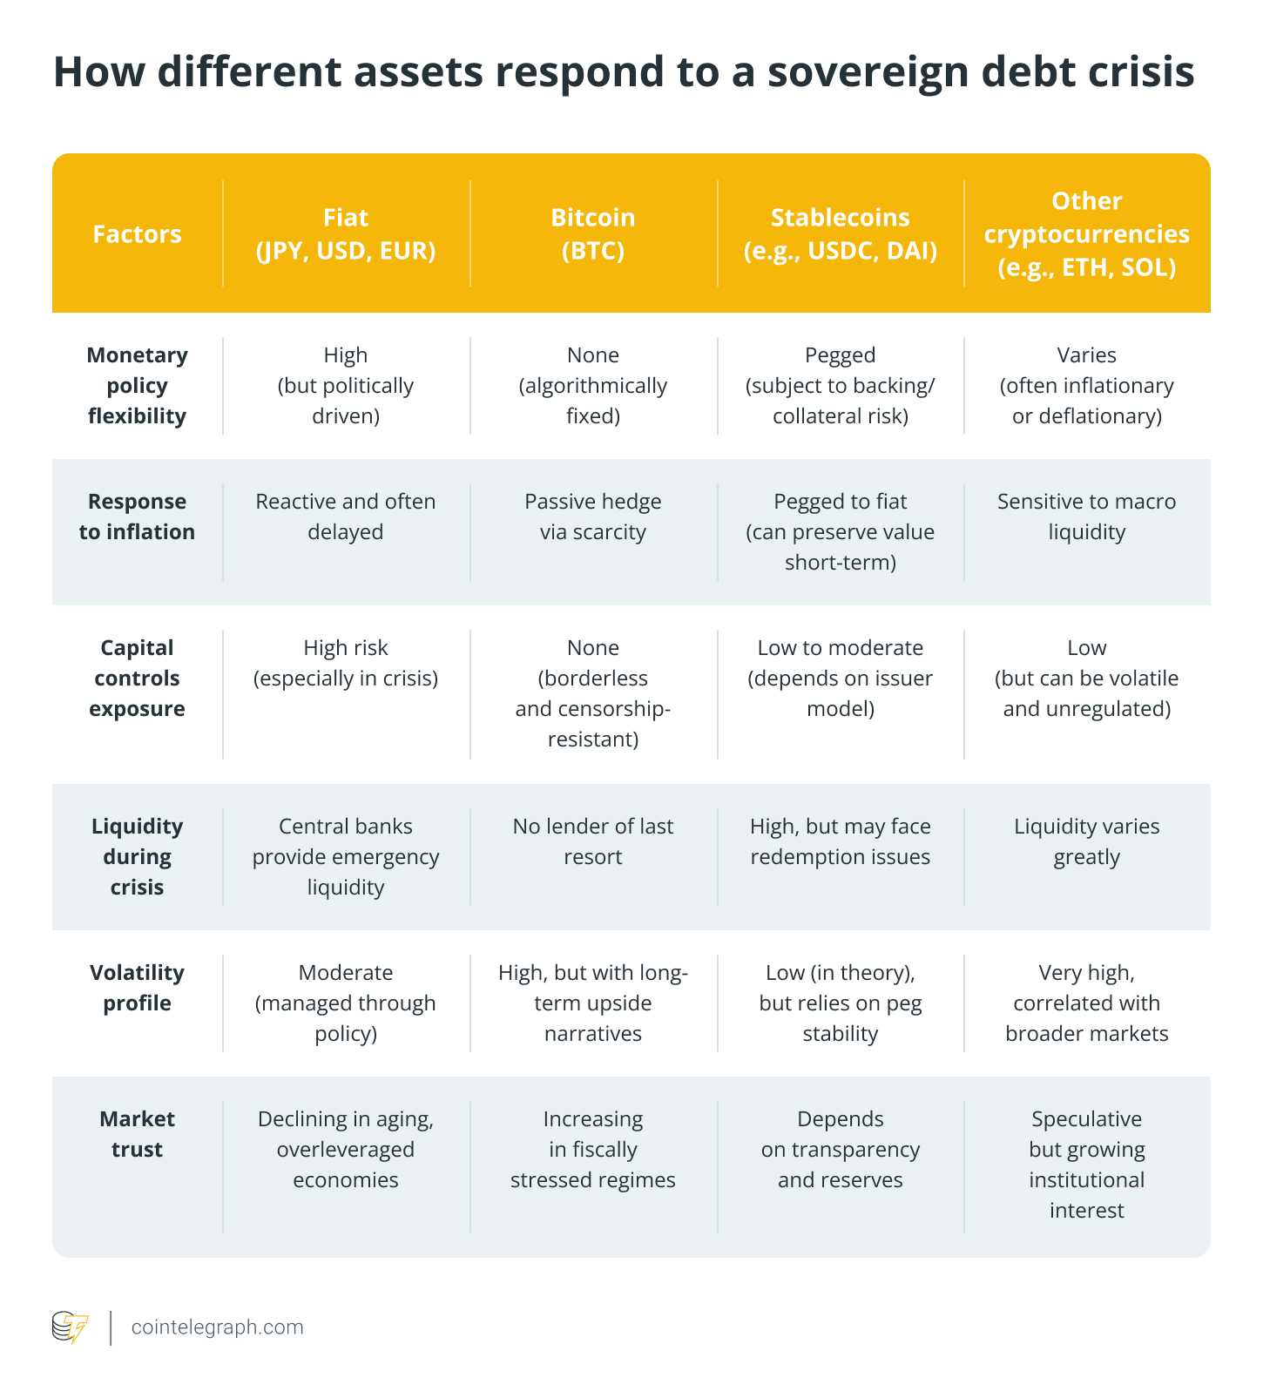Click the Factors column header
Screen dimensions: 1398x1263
(137, 233)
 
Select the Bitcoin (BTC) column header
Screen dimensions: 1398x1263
(592, 233)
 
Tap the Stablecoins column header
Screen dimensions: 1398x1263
(840, 233)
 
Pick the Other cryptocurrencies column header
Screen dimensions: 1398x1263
(1086, 233)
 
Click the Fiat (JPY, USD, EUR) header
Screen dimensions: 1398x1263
(346, 233)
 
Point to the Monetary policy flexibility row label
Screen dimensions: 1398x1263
(137, 385)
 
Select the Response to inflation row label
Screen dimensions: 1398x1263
(137, 517)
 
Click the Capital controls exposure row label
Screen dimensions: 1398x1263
(137, 678)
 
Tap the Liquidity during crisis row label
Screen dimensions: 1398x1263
(137, 856)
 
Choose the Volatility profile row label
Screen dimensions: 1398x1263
(137, 988)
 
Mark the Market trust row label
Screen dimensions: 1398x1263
(137, 1134)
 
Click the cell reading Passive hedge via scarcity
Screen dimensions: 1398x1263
(592, 517)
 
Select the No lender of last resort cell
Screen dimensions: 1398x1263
(592, 841)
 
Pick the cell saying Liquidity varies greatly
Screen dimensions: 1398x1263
(1086, 841)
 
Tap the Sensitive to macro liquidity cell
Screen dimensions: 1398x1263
(1086, 517)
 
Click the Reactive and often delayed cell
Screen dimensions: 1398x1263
(346, 517)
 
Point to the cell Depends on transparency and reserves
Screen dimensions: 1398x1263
(840, 1149)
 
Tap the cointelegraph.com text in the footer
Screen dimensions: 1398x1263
(217, 1327)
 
